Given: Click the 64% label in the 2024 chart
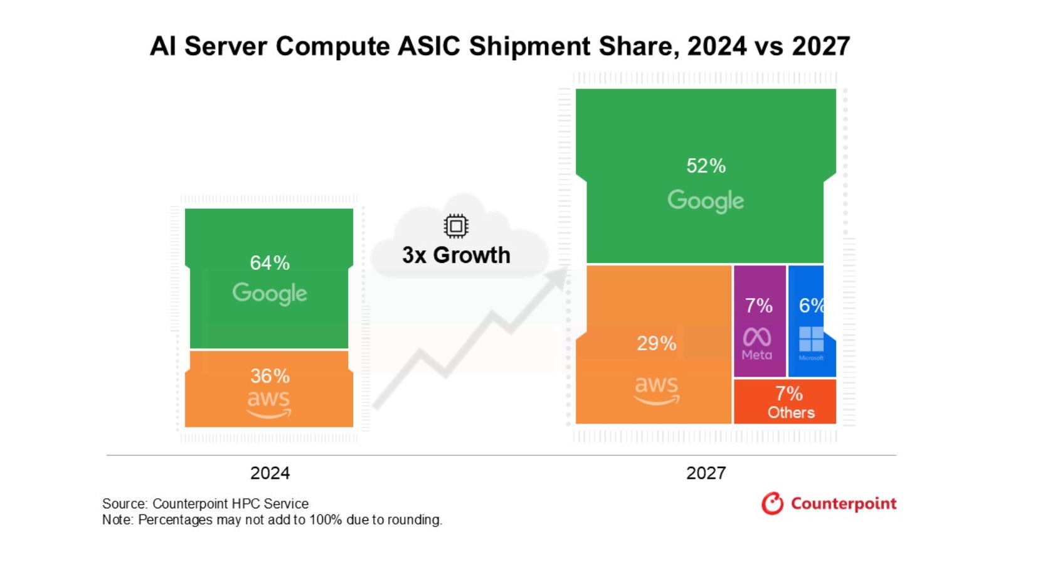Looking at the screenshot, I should click(270, 262).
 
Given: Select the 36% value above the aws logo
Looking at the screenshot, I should click(270, 376).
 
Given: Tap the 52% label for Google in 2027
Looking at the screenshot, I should click(706, 166).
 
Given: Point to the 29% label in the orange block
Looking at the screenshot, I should click(656, 343).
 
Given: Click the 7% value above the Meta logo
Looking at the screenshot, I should click(758, 306).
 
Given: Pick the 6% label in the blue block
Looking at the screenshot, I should click(810, 306).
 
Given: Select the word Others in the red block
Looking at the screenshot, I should click(791, 412).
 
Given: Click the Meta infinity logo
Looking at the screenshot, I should click(757, 337).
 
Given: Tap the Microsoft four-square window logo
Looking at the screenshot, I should click(811, 339).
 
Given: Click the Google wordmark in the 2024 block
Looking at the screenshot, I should click(270, 293).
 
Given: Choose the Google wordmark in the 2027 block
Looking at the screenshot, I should click(706, 201).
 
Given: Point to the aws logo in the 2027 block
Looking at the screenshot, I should click(656, 390).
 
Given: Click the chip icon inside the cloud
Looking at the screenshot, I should click(456, 226).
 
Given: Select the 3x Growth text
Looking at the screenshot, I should click(456, 255).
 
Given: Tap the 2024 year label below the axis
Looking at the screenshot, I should click(270, 473).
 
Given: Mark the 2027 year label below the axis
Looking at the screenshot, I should click(706, 473).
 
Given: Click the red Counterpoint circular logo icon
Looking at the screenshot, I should click(772, 503).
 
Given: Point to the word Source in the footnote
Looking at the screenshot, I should click(124, 504).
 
